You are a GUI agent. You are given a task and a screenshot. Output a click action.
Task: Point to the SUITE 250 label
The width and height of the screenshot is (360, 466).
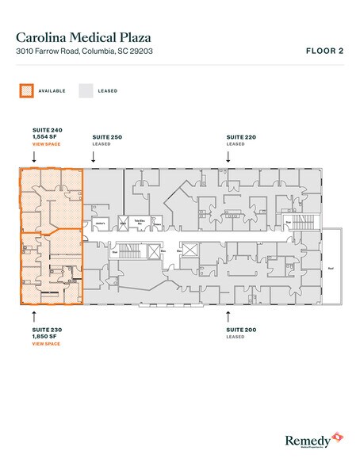point(107,137)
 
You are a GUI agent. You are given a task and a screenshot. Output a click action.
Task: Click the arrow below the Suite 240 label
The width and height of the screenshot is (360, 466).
point(34,157)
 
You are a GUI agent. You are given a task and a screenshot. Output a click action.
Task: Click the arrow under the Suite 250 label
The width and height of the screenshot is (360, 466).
point(94,157)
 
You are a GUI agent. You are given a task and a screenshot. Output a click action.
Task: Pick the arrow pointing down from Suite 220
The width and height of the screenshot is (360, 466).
point(228,157)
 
